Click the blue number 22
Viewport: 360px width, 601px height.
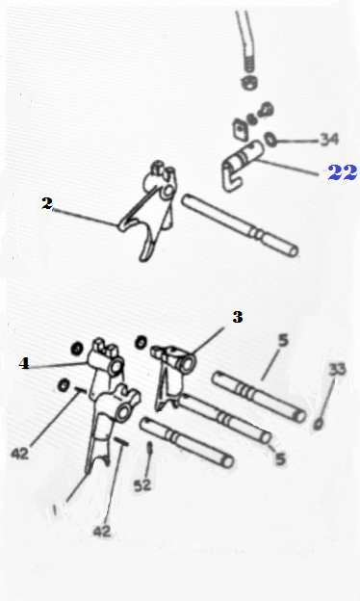pyautogui.click(x=343, y=172)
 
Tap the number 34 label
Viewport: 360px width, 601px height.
pyautogui.click(x=329, y=139)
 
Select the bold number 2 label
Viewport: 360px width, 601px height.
pyautogui.click(x=47, y=203)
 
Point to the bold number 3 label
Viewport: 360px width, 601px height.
pyautogui.click(x=238, y=317)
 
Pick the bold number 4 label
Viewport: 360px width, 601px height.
pyautogui.click(x=24, y=363)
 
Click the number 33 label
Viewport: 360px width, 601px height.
pyautogui.click(x=337, y=370)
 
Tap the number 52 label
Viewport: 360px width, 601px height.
pyautogui.click(x=142, y=485)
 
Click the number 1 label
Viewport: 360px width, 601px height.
pyautogui.click(x=54, y=510)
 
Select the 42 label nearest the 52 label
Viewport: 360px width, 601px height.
pyautogui.click(x=101, y=532)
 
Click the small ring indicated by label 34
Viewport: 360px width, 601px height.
pyautogui.click(x=270, y=140)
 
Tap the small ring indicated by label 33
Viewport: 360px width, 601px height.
pyautogui.click(x=319, y=425)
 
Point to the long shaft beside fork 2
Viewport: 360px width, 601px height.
pyautogui.click(x=240, y=225)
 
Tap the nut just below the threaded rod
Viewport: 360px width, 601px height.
pyautogui.click(x=249, y=83)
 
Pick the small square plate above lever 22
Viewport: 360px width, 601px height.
pyautogui.click(x=239, y=128)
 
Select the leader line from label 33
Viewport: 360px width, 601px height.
pyautogui.click(x=326, y=398)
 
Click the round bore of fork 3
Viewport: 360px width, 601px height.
pyautogui.click(x=188, y=364)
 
